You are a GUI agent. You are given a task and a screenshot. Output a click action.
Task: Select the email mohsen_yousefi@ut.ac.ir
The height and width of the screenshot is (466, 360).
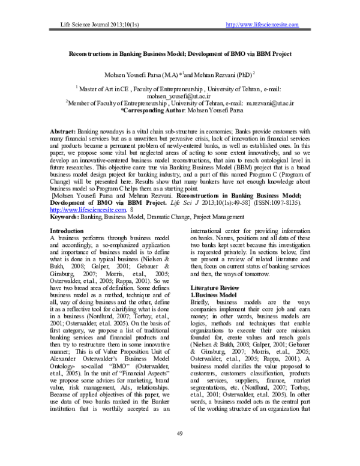179,95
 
